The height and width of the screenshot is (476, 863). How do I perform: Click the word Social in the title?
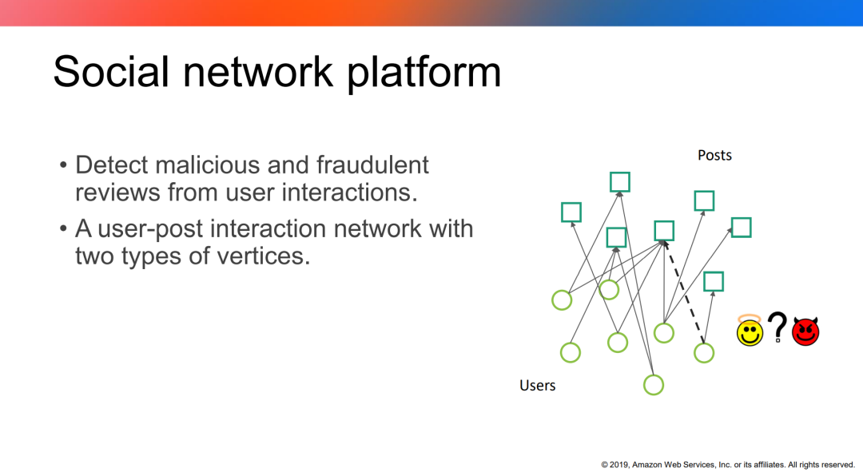click(x=111, y=72)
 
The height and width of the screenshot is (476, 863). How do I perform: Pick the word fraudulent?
click(x=372, y=165)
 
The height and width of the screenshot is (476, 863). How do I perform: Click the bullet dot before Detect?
click(x=63, y=166)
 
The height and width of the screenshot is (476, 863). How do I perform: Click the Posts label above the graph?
click(x=714, y=155)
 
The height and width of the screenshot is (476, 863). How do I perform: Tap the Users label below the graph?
click(x=537, y=386)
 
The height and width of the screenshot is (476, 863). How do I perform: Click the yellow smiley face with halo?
click(x=750, y=331)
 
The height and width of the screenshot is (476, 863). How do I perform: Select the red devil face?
click(x=805, y=331)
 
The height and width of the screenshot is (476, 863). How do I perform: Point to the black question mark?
click(x=777, y=328)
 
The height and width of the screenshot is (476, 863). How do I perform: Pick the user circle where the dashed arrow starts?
click(x=703, y=352)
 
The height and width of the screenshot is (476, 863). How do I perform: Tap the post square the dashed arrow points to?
click(x=664, y=231)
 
